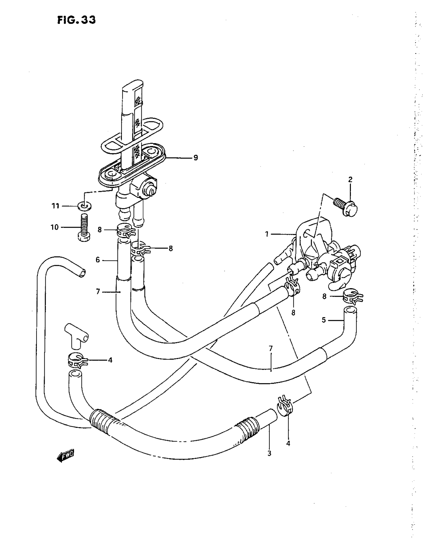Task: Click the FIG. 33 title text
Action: click(x=77, y=20)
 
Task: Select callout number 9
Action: click(x=196, y=158)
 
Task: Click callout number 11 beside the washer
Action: click(x=55, y=206)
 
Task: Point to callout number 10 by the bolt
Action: click(x=54, y=227)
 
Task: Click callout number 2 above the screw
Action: click(x=350, y=180)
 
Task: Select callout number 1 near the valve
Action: click(x=267, y=234)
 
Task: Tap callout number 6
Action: click(x=98, y=260)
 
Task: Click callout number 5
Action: click(x=324, y=320)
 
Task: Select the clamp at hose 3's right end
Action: click(x=285, y=406)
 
